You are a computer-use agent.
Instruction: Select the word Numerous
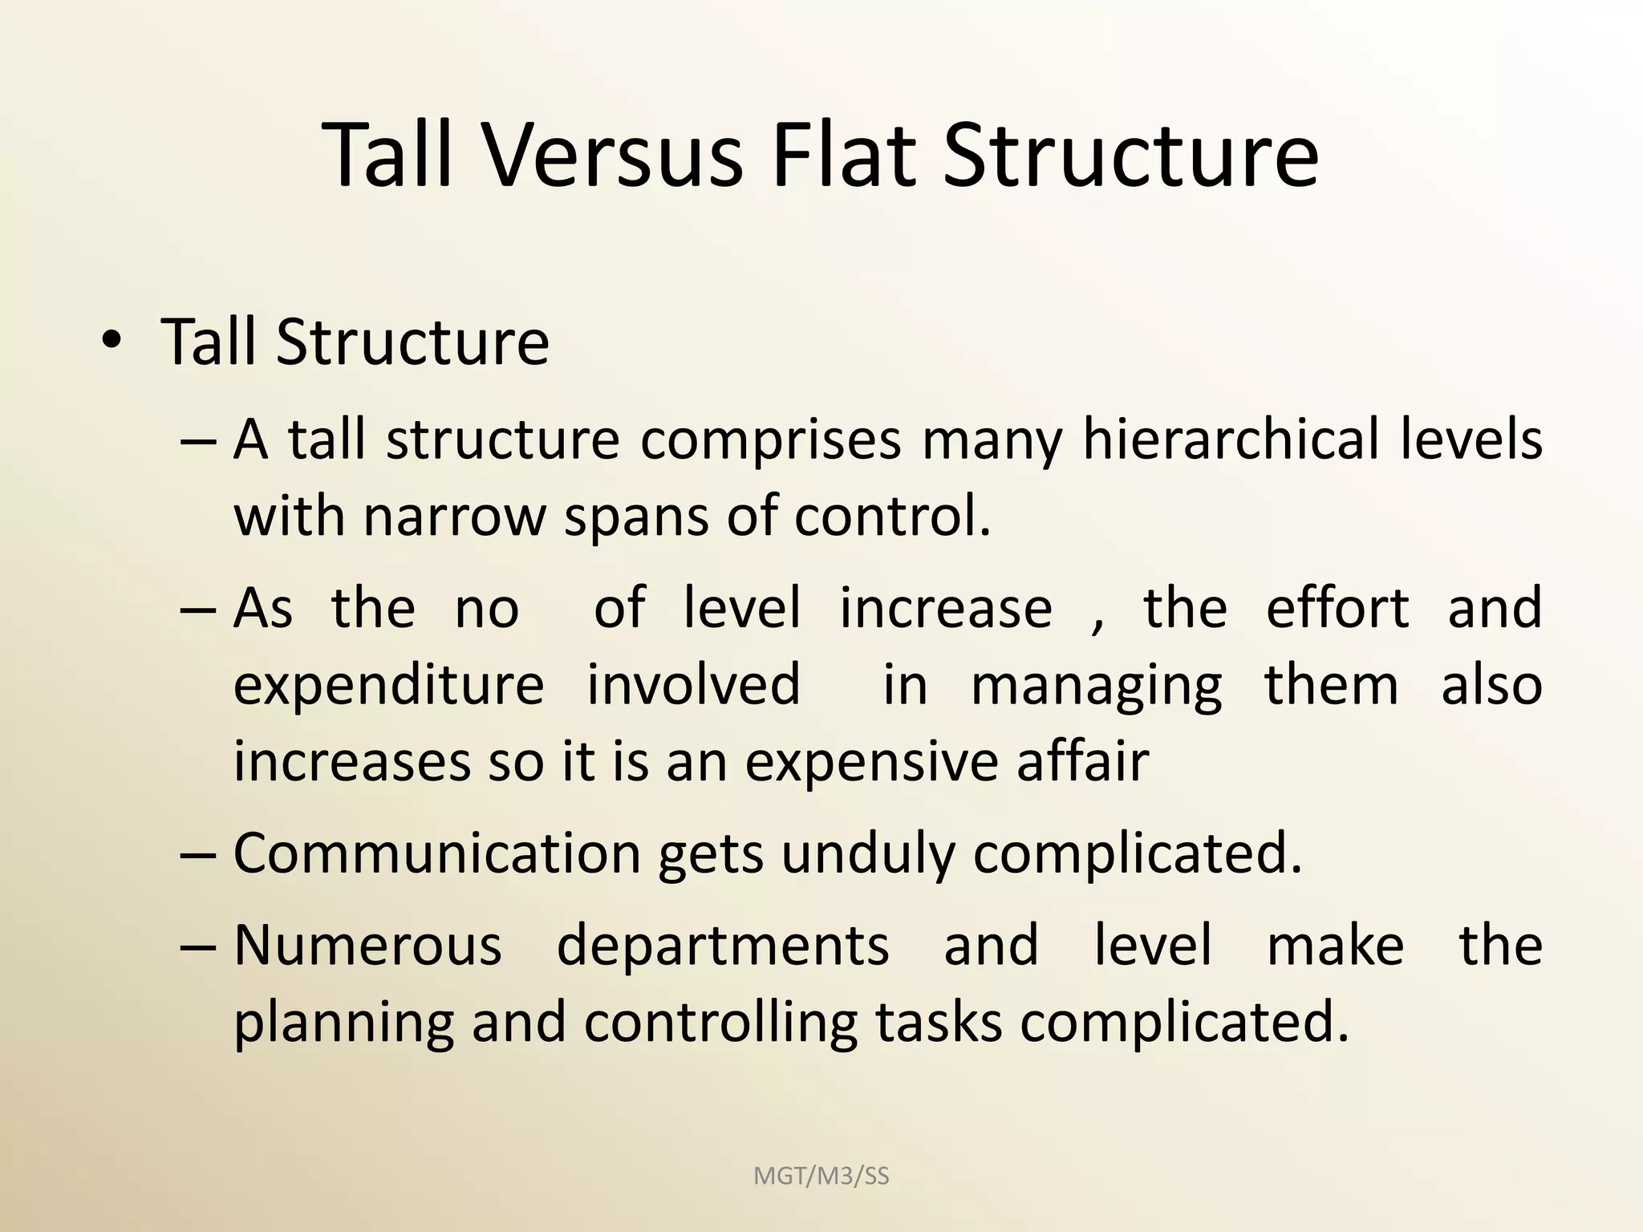point(367,945)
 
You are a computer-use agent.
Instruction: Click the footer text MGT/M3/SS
point(821,1176)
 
